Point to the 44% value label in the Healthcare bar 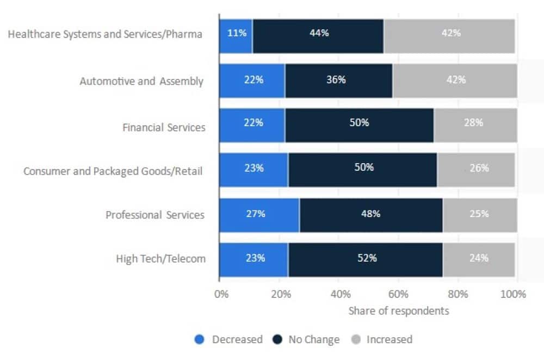point(319,33)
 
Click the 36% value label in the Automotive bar point(336,80)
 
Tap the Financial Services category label point(164,128)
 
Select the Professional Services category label point(155,215)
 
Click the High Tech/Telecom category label point(161,259)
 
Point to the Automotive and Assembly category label point(141,82)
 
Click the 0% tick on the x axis point(221,295)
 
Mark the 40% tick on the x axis point(339,295)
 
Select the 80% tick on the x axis point(458,295)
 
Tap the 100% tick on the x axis point(514,295)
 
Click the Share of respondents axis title point(398,311)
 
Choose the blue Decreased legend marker point(200,340)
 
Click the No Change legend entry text point(313,340)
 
